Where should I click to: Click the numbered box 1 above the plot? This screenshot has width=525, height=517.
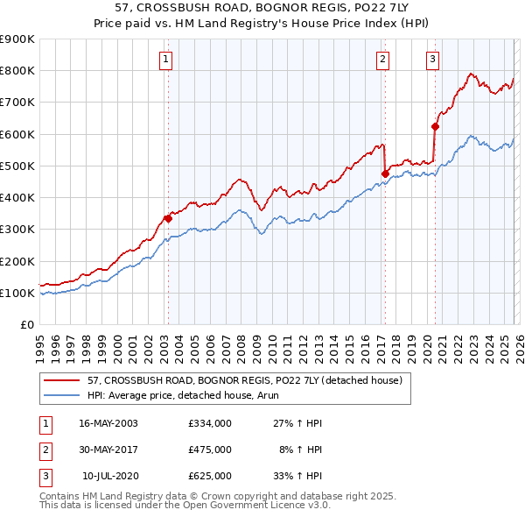click(x=166, y=60)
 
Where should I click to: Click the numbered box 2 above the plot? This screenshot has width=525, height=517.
click(x=383, y=60)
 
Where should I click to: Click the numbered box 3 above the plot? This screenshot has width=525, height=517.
click(x=432, y=60)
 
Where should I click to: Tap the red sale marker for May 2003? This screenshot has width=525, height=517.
click(x=168, y=218)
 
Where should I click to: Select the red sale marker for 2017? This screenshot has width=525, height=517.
click(x=385, y=174)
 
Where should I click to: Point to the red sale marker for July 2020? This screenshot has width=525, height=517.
click(x=435, y=126)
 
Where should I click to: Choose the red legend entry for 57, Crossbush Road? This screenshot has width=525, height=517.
click(x=244, y=381)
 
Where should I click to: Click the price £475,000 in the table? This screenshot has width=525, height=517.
click(x=209, y=450)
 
